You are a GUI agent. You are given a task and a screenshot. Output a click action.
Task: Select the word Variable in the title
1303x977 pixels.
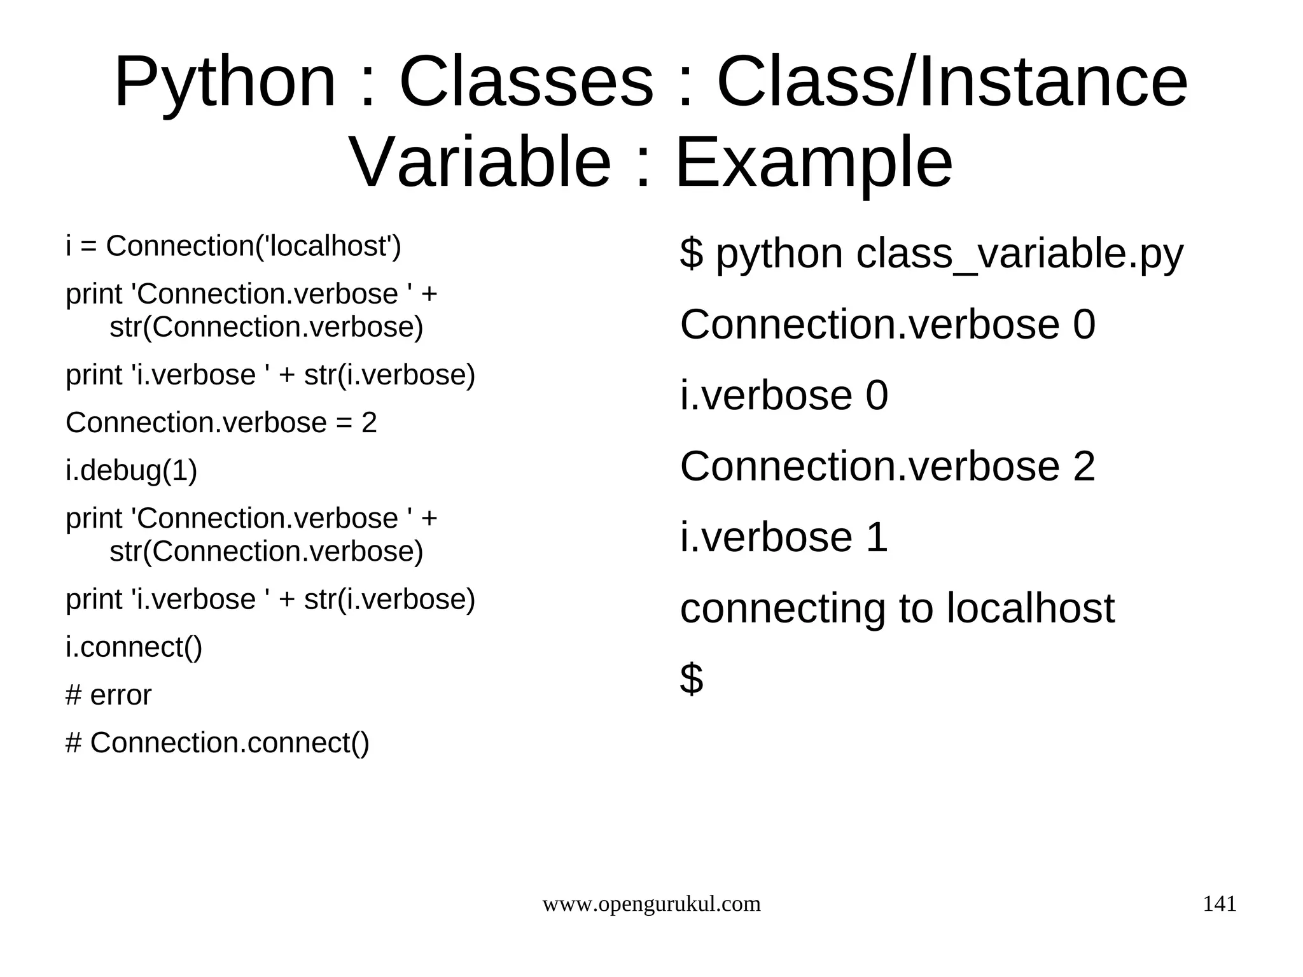click(480, 164)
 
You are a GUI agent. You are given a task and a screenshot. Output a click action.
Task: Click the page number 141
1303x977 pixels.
click(1219, 904)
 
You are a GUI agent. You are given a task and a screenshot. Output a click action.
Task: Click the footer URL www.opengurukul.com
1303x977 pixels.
click(651, 904)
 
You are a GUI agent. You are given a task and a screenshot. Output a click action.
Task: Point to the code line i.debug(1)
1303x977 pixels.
click(131, 471)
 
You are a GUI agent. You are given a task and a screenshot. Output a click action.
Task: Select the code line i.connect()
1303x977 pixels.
click(134, 647)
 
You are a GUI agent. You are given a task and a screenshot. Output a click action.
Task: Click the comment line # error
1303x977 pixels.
click(108, 695)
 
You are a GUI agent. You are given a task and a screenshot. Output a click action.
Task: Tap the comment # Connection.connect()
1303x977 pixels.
click(217, 743)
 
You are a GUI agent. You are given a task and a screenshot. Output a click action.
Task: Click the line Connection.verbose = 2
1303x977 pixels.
click(221, 423)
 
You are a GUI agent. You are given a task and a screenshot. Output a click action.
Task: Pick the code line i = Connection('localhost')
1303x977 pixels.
click(233, 246)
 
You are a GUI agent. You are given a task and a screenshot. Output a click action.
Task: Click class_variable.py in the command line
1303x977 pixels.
click(1019, 255)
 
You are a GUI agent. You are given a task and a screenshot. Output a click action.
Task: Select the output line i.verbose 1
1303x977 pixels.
click(783, 537)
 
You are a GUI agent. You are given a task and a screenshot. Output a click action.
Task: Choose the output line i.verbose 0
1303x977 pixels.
click(783, 395)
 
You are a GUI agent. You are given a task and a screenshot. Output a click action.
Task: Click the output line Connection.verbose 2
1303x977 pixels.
click(887, 466)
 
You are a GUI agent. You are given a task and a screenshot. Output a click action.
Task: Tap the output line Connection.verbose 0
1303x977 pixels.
click(887, 325)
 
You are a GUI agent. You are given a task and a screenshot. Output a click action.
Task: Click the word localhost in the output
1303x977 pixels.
click(1030, 608)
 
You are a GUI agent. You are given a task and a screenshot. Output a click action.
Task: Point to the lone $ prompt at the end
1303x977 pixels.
click(691, 678)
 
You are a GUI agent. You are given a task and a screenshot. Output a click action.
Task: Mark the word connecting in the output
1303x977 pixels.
click(783, 609)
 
